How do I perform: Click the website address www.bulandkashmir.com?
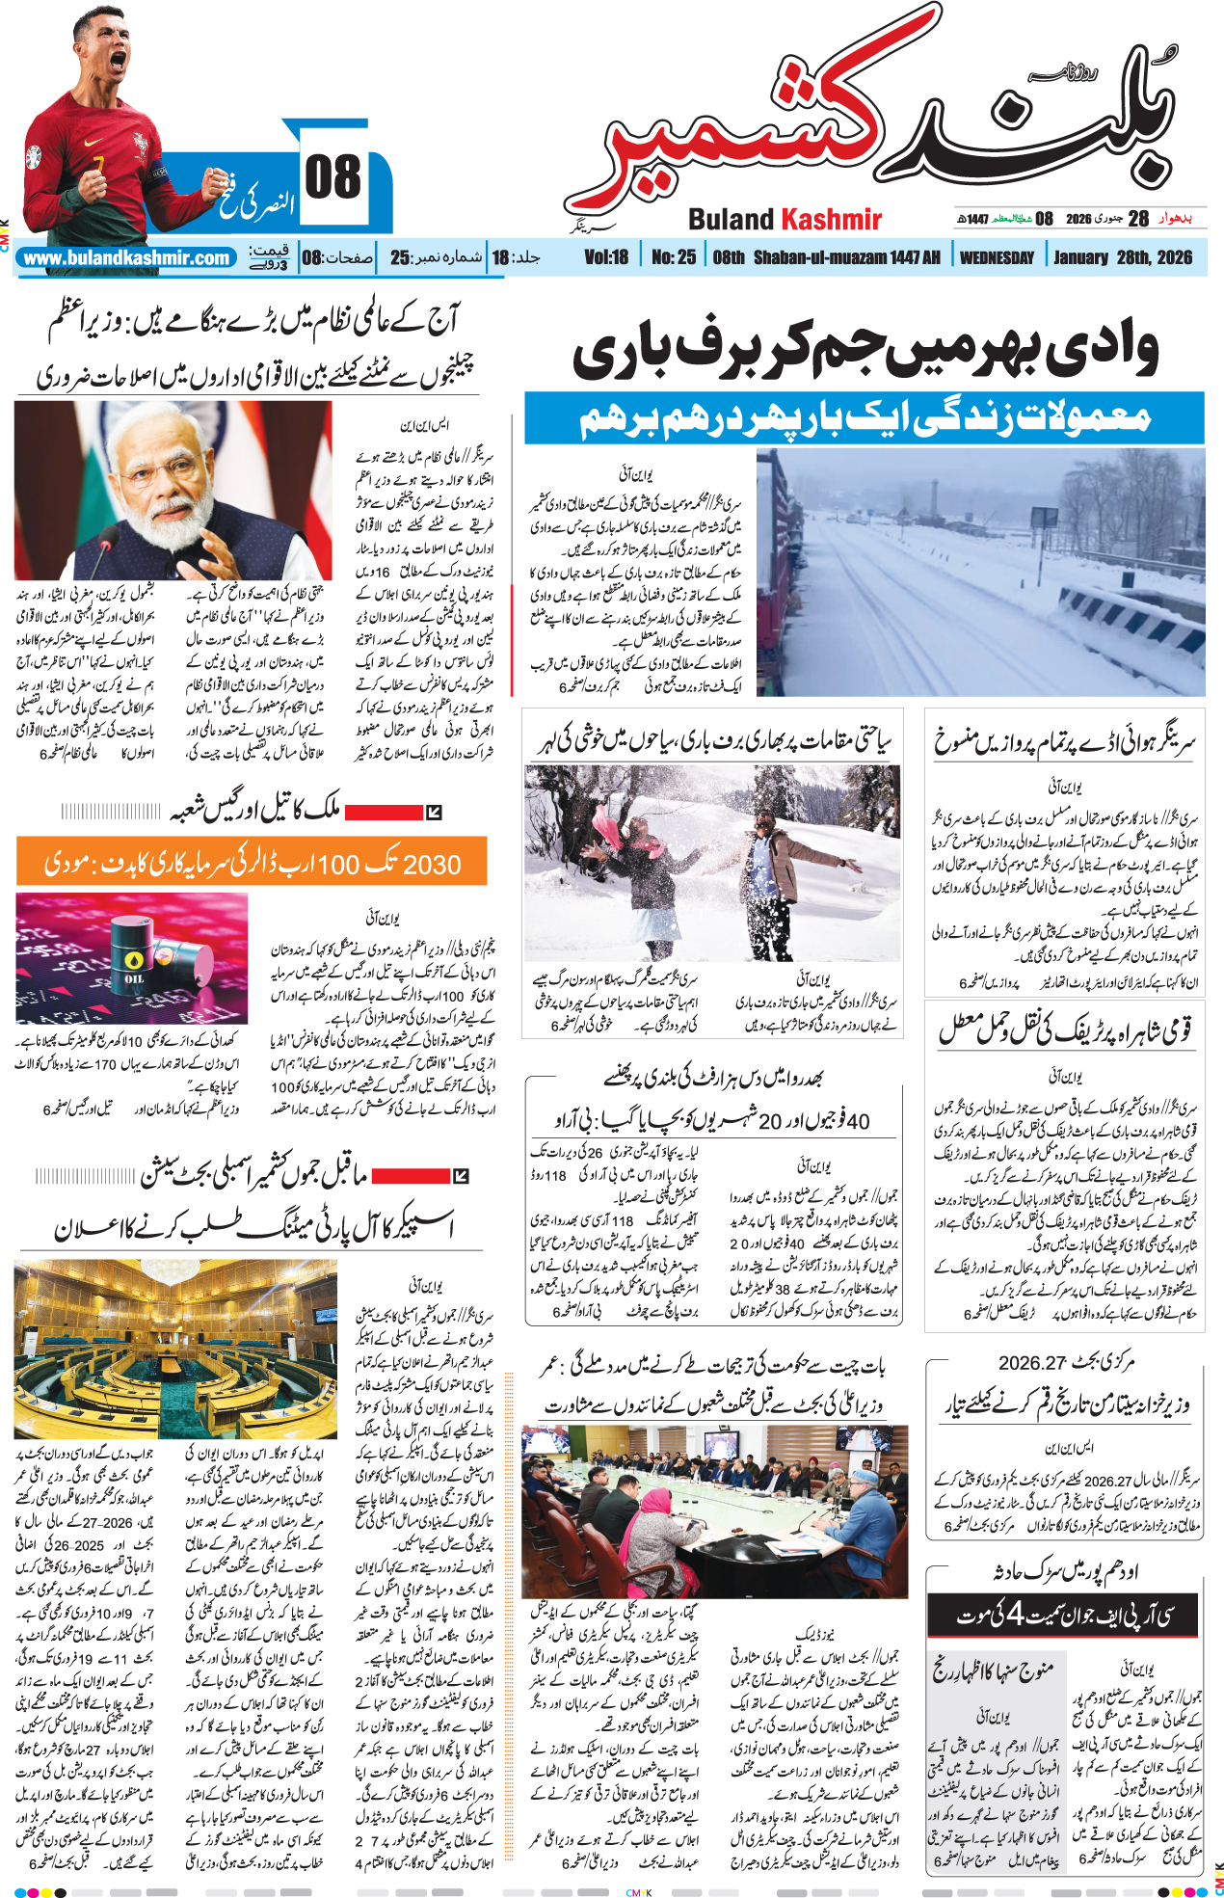127,258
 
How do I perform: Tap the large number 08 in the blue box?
333,179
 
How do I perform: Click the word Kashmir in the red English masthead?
832,220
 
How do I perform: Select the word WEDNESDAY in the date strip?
997,258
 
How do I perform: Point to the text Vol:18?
606,257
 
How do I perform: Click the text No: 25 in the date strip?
674,257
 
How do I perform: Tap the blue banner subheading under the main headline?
864,417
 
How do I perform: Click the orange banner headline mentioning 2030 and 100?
252,862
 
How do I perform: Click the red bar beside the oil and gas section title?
383,812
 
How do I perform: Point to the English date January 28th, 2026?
1123,257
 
